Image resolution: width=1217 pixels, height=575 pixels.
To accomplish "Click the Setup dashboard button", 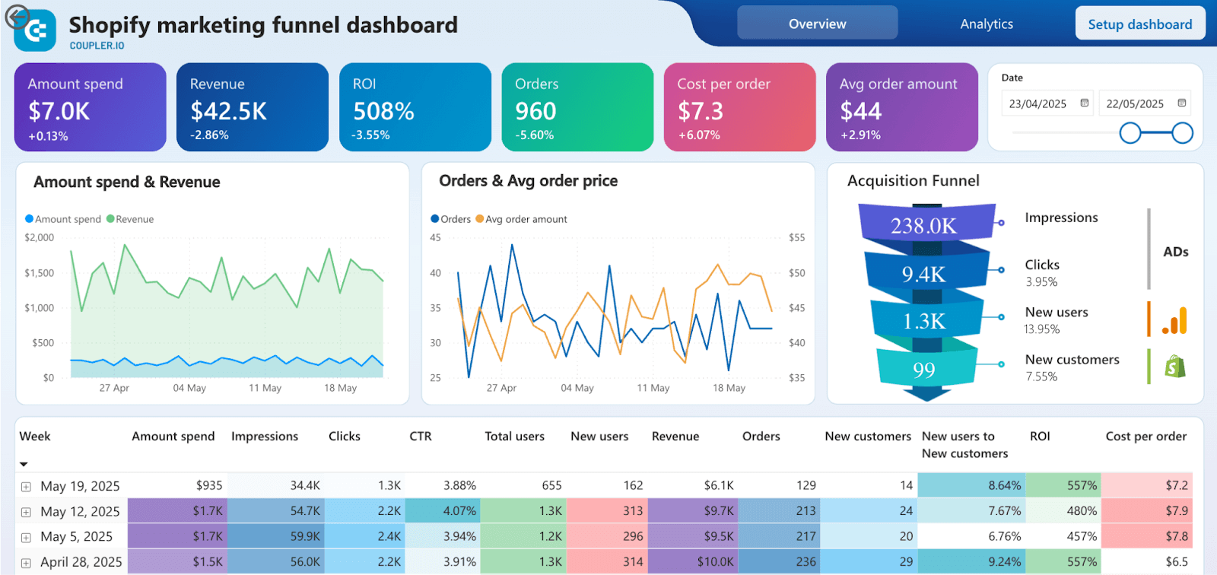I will tap(1139, 24).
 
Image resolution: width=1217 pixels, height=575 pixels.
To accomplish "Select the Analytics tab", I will tap(986, 24).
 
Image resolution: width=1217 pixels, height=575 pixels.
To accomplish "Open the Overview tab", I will tap(817, 24).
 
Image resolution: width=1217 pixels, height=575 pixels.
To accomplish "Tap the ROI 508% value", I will tap(383, 112).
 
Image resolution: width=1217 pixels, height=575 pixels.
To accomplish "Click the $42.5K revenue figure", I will tap(228, 112).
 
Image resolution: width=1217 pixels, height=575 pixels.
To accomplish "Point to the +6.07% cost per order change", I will tap(698, 135).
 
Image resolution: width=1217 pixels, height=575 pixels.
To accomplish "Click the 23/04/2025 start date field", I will tap(1038, 104).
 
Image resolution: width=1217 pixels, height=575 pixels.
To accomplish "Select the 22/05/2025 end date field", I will tap(1135, 104).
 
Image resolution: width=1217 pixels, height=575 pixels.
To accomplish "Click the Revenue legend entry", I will tap(134, 219).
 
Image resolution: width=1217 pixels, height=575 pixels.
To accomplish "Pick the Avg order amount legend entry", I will tap(526, 219).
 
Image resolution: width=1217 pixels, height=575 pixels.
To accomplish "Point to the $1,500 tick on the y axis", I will tap(40, 273).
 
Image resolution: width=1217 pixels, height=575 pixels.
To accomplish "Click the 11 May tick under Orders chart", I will tap(653, 388).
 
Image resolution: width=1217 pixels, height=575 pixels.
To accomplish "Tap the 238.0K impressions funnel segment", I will tap(924, 225).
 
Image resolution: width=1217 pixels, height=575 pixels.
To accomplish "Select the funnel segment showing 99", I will tap(924, 370).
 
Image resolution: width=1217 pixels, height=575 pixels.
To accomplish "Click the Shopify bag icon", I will tap(1174, 367).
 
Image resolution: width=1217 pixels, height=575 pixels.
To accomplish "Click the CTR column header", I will tap(420, 437).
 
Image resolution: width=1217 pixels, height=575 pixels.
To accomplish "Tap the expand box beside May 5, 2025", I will tap(26, 538).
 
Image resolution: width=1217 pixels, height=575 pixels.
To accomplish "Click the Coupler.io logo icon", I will tap(36, 30).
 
